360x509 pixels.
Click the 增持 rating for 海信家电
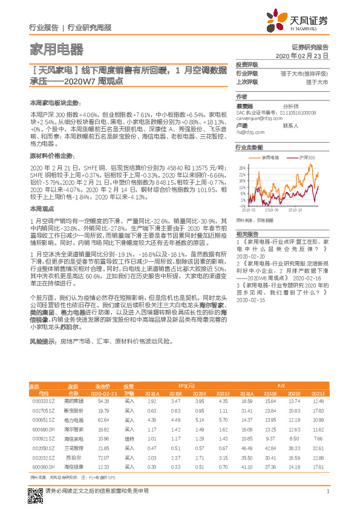129,439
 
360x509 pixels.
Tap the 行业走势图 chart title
249,147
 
